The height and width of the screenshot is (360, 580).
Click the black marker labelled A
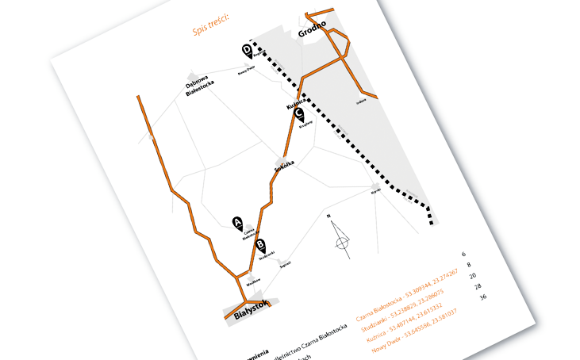coord(236,222)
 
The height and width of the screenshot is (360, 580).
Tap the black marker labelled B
coord(262,246)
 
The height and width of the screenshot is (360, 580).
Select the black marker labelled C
coord(299,114)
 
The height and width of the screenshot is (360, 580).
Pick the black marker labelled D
coord(247,51)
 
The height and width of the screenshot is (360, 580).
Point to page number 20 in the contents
coord(473,275)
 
